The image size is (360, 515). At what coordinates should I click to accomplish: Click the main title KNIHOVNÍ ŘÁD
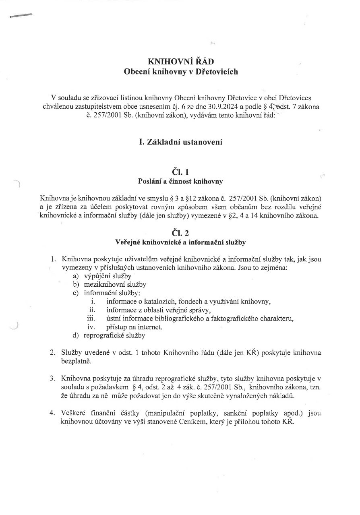[x=181, y=62]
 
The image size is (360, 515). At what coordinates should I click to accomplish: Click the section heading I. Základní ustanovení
[x=180, y=142]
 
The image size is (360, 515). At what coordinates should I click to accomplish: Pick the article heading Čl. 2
[x=180, y=233]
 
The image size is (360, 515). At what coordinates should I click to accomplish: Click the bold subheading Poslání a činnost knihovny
[x=180, y=182]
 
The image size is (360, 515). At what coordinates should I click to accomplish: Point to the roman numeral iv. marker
[x=91, y=327]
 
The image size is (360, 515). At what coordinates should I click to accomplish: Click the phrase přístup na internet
[x=134, y=327]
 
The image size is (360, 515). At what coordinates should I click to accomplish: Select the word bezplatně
[x=77, y=361]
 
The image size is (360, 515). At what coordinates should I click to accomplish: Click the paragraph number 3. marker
[x=52, y=378]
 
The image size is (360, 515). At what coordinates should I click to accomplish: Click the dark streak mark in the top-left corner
[x=21, y=16]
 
